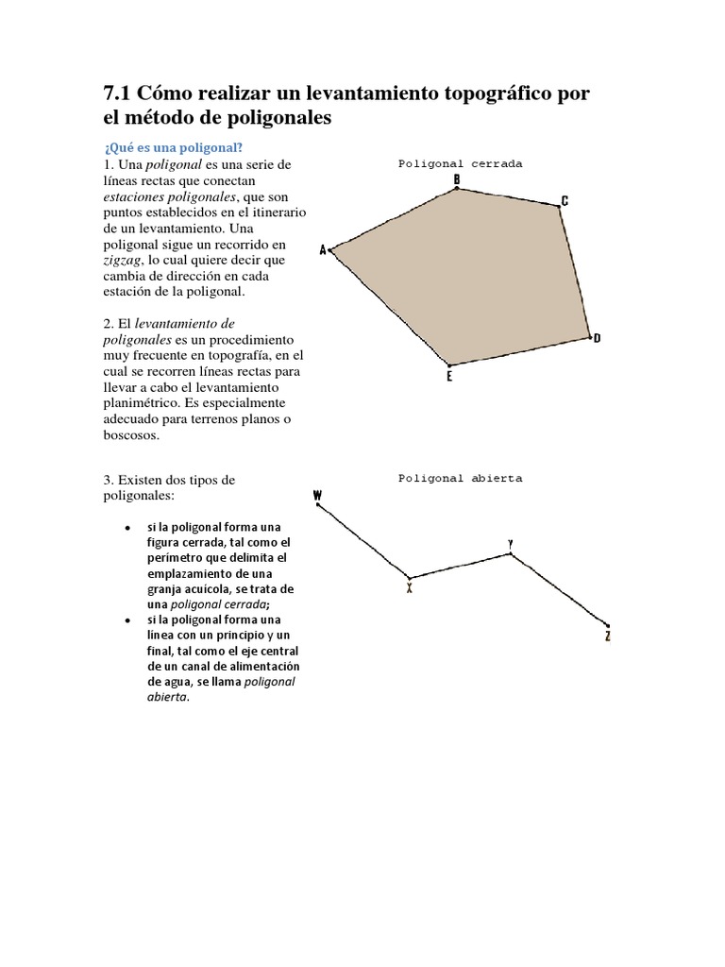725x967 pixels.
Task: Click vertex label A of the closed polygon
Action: point(323,250)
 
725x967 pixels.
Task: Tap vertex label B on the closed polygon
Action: point(457,178)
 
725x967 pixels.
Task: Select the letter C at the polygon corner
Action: point(565,200)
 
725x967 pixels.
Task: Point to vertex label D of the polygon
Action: point(598,338)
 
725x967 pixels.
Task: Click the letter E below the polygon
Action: point(449,376)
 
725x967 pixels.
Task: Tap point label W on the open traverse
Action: point(317,495)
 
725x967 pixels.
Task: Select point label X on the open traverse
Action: point(410,587)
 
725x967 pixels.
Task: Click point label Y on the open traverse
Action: point(511,544)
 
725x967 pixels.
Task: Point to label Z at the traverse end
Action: point(608,636)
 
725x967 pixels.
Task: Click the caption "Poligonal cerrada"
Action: point(460,163)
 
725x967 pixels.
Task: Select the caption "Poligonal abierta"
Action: point(460,479)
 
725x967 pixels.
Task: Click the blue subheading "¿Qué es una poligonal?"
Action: point(173,146)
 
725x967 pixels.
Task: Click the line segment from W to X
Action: point(363,541)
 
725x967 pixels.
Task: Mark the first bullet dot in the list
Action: point(126,527)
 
